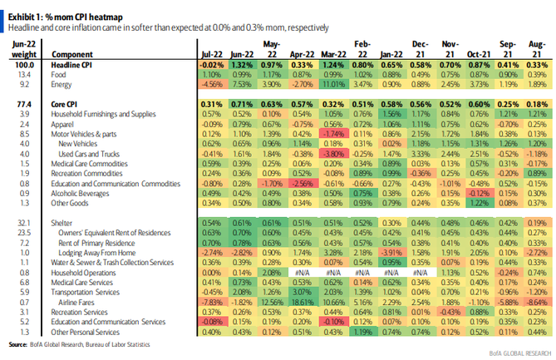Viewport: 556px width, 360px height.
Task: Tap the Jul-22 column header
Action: tap(212, 52)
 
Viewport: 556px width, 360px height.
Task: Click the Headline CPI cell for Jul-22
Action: tap(212, 63)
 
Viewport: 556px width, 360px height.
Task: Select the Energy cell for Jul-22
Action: tap(212, 83)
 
